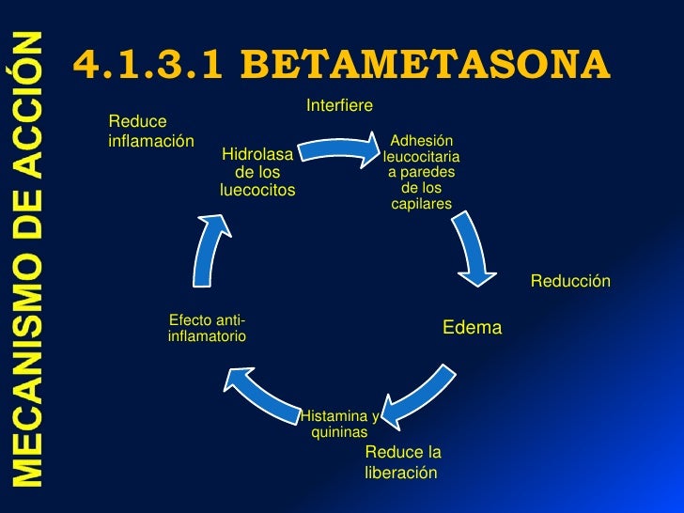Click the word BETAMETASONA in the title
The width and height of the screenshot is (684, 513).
[x=426, y=64]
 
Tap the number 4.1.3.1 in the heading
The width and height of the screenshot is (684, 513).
[x=151, y=64]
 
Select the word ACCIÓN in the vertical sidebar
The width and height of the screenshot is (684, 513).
[x=28, y=100]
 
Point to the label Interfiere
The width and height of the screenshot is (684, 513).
[x=340, y=103]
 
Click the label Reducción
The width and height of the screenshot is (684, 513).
[x=570, y=281]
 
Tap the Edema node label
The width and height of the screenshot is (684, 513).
[x=473, y=328]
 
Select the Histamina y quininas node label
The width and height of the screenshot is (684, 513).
[x=339, y=424]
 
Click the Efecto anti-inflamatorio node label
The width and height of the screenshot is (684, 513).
[x=207, y=328]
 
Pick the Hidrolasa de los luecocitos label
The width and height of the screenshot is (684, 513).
[x=257, y=172]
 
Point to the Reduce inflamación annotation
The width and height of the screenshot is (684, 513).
[x=151, y=131]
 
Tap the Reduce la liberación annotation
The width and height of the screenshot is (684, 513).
[x=402, y=462]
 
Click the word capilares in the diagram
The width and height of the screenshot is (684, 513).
[x=422, y=204]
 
